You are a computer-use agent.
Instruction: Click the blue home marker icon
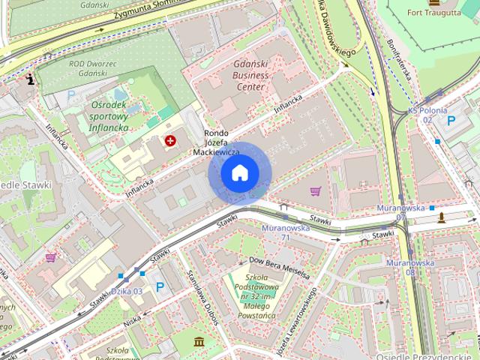tap(239, 173)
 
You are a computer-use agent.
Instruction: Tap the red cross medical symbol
tap(171, 140)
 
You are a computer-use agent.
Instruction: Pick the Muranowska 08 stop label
tap(409, 268)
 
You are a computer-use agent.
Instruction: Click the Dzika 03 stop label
tap(127, 292)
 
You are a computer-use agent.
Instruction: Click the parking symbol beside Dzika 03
tap(160, 286)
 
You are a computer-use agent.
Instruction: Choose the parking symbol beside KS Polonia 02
tap(451, 120)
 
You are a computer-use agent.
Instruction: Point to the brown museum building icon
tap(199, 343)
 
